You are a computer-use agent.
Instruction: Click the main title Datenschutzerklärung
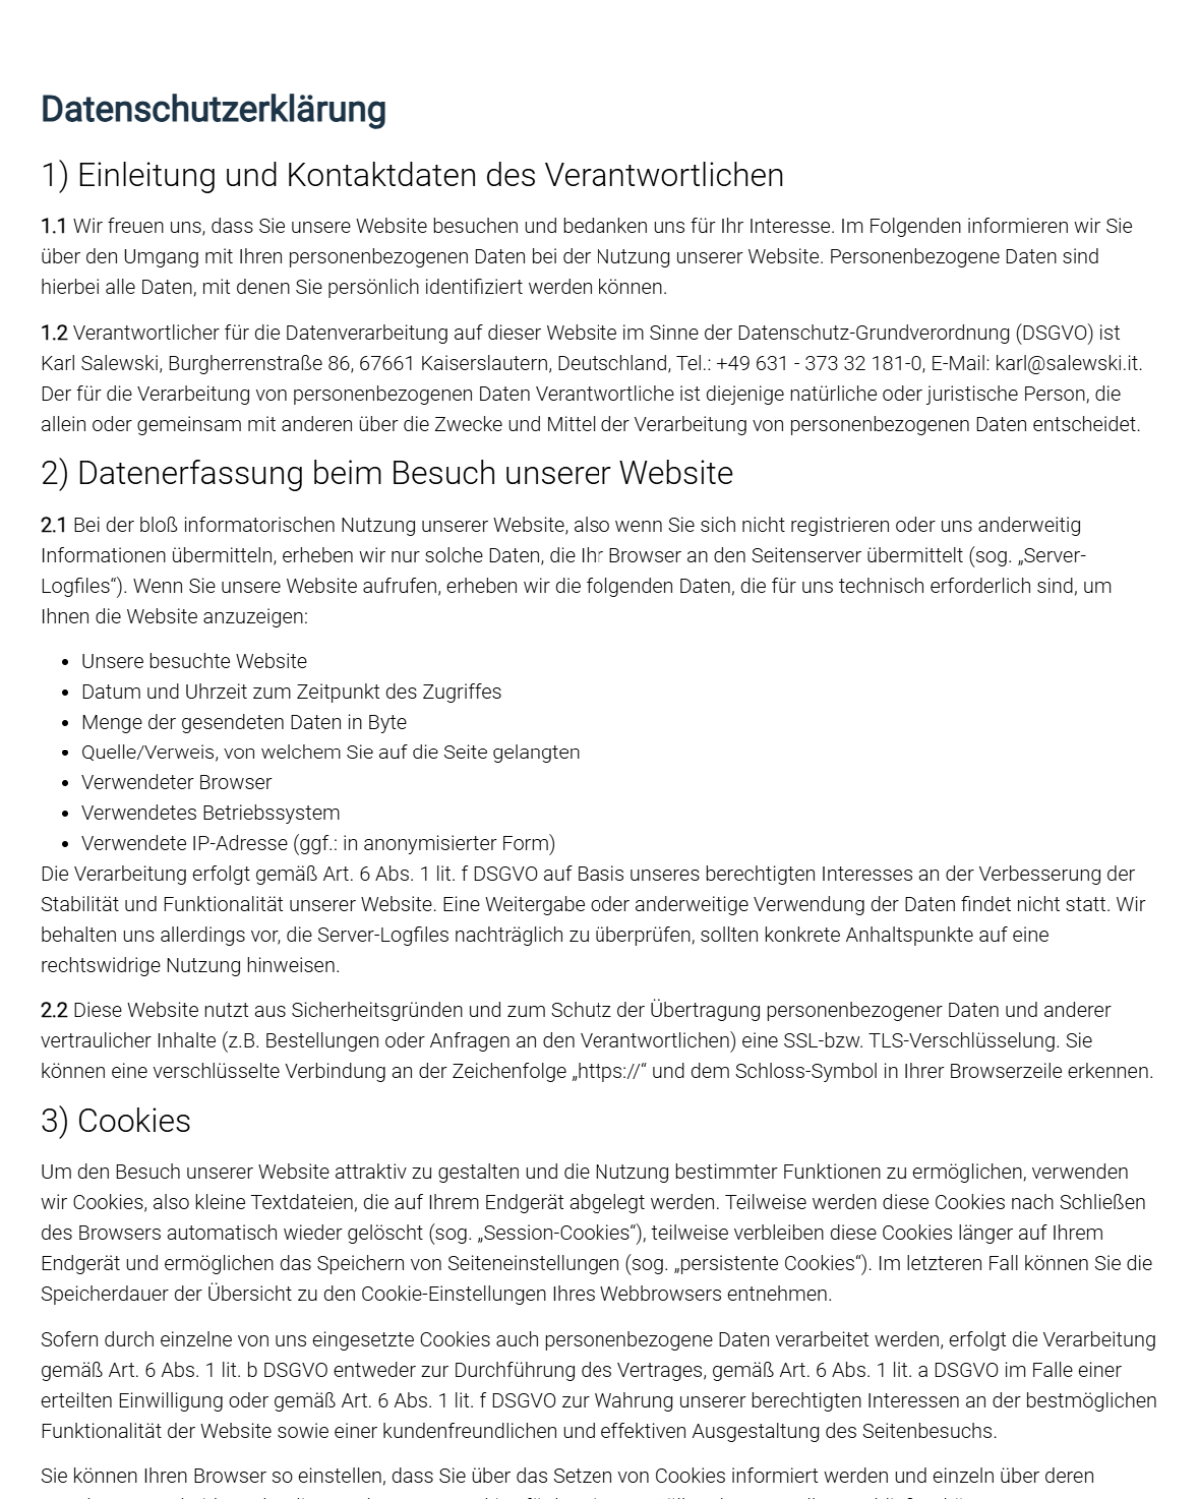[213, 109]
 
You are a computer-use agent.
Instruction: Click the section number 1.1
[53, 226]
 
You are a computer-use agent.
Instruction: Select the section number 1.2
[54, 332]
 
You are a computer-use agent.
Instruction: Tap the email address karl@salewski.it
[1068, 363]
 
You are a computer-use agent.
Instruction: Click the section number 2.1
[54, 525]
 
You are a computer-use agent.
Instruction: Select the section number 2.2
[54, 1010]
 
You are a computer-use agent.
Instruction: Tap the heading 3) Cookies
[116, 1121]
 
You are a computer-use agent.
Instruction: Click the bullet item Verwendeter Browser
[176, 782]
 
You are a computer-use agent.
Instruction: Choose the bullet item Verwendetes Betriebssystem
[210, 813]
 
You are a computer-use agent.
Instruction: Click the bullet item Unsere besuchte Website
[194, 661]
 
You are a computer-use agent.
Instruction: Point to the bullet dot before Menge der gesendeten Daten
[66, 723]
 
